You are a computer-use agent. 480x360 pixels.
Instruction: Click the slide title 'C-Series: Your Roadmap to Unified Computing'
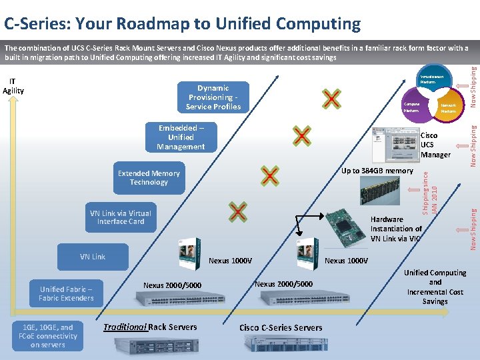pos(182,25)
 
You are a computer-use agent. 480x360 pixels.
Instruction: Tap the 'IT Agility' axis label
pos(13,86)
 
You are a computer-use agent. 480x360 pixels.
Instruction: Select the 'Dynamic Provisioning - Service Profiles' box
pos(213,97)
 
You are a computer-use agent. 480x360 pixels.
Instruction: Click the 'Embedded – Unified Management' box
pos(181,137)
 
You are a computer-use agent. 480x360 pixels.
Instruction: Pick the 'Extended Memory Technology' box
pos(149,178)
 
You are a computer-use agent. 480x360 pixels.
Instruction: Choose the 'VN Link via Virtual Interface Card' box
pos(120,217)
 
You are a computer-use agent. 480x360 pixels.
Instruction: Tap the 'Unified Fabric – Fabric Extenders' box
pos(66,294)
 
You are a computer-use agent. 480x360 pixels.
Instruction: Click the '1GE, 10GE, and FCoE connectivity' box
pos(48,336)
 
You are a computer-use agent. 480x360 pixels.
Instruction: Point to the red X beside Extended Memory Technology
pos(269,176)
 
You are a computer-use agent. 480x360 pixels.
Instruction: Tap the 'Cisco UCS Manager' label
pos(435,145)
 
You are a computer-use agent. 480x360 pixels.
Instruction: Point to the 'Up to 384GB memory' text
pos(377,171)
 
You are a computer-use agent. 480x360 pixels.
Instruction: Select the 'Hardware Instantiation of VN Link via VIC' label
pos(396,229)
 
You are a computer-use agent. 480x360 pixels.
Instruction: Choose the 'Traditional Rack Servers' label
pos(150,327)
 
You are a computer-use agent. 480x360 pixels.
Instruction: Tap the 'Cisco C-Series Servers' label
pos(281,327)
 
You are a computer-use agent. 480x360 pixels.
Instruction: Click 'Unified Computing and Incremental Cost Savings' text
pos(435,287)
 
